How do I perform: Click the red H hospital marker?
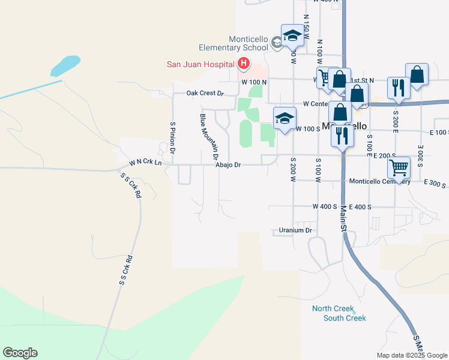[244, 63]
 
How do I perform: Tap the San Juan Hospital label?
[200, 64]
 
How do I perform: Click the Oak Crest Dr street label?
[205, 93]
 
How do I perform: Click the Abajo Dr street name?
[228, 164]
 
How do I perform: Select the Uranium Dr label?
[296, 230]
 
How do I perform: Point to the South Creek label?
[344, 318]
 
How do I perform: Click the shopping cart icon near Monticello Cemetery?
[399, 167]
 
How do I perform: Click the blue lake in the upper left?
[65, 65]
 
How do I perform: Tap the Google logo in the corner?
[20, 353]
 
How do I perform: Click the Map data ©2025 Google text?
[411, 355]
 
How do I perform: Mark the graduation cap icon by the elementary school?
[292, 35]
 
